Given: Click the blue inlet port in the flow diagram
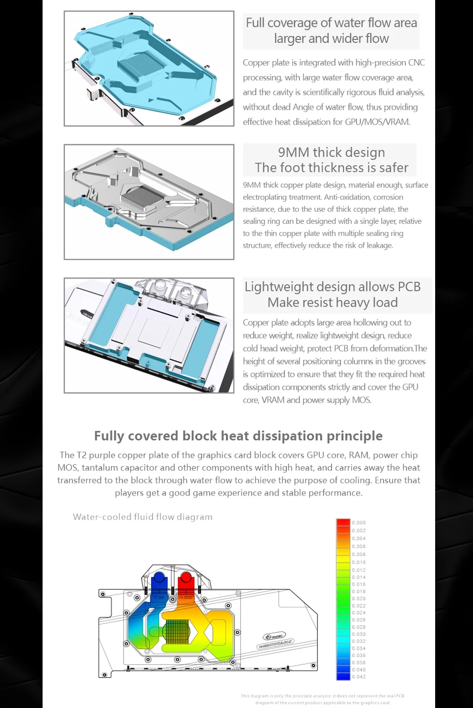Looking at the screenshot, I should coord(159,578).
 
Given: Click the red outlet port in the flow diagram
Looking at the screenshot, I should coord(185,578).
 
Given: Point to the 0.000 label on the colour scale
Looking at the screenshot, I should coord(359,523).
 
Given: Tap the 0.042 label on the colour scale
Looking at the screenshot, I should coord(359,677).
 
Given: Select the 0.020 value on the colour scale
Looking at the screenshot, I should coord(359,599).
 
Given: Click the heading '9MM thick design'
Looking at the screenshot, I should coord(331,152).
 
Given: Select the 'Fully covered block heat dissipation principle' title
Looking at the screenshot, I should coord(238,436).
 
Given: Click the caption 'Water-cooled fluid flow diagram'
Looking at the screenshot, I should coord(142,517).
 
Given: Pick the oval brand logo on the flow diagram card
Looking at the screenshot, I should coord(274,636).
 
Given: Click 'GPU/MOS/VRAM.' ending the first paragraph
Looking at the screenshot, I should coord(377,122).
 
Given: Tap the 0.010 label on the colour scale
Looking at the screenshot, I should coord(359,562).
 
